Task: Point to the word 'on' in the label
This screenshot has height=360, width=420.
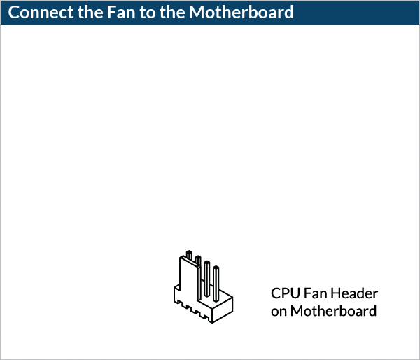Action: (x=279, y=311)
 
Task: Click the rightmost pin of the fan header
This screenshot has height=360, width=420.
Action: (x=216, y=280)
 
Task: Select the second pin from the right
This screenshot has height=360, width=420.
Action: (x=207, y=277)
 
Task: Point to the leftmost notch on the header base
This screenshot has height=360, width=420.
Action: (x=180, y=304)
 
